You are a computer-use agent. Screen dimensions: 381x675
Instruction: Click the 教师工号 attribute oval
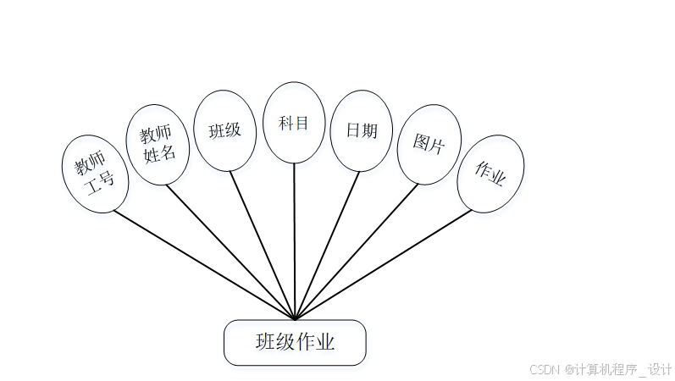95,174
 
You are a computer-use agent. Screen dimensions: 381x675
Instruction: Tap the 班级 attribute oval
224,130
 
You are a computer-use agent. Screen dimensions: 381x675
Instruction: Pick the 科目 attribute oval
294,122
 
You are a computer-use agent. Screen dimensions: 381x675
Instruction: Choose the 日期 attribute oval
361,130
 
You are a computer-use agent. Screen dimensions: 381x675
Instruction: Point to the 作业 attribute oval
490,174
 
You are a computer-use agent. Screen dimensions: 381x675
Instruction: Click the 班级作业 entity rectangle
295,343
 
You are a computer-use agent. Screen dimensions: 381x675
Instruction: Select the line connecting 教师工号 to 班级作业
203,264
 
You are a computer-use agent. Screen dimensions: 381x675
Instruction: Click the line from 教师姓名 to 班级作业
230,252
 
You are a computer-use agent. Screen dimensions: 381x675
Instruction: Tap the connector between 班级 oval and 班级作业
263,246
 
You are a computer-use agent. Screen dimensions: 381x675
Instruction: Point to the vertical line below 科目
294,241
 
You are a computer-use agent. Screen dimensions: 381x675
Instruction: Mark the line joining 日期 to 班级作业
326,246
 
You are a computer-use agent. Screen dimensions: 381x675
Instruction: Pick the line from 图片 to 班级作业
356,252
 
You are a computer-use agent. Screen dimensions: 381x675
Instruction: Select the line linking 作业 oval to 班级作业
383,264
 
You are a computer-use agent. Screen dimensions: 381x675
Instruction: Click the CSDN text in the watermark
545,369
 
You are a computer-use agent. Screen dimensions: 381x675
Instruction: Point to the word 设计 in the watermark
661,369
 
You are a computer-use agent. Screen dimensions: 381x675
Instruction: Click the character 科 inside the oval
285,122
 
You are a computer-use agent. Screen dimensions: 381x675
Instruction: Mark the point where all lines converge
294,319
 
